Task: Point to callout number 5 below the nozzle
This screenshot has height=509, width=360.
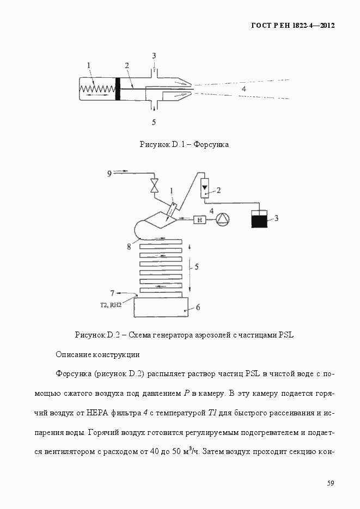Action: click(154, 122)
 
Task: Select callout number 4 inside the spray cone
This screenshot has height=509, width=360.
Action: click(244, 88)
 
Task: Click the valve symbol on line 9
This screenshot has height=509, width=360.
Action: click(155, 185)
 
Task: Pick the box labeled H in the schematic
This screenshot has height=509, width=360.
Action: click(200, 219)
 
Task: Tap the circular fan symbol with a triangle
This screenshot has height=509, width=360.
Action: click(224, 219)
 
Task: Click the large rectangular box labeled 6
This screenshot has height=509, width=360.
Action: click(161, 308)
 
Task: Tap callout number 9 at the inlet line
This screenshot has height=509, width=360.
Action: click(109, 174)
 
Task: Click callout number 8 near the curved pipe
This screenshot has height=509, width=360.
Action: click(129, 247)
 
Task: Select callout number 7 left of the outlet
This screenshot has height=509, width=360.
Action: click(113, 293)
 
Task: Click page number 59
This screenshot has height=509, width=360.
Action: click(331, 483)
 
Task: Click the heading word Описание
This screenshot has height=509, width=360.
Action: click(75, 354)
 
